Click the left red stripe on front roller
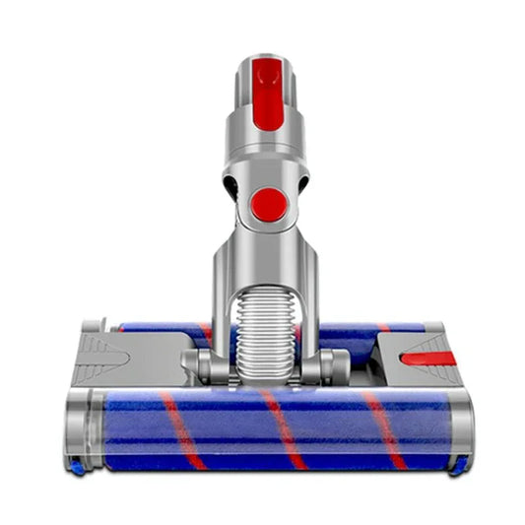click(x=182, y=429)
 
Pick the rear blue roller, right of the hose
click(x=360, y=332)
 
